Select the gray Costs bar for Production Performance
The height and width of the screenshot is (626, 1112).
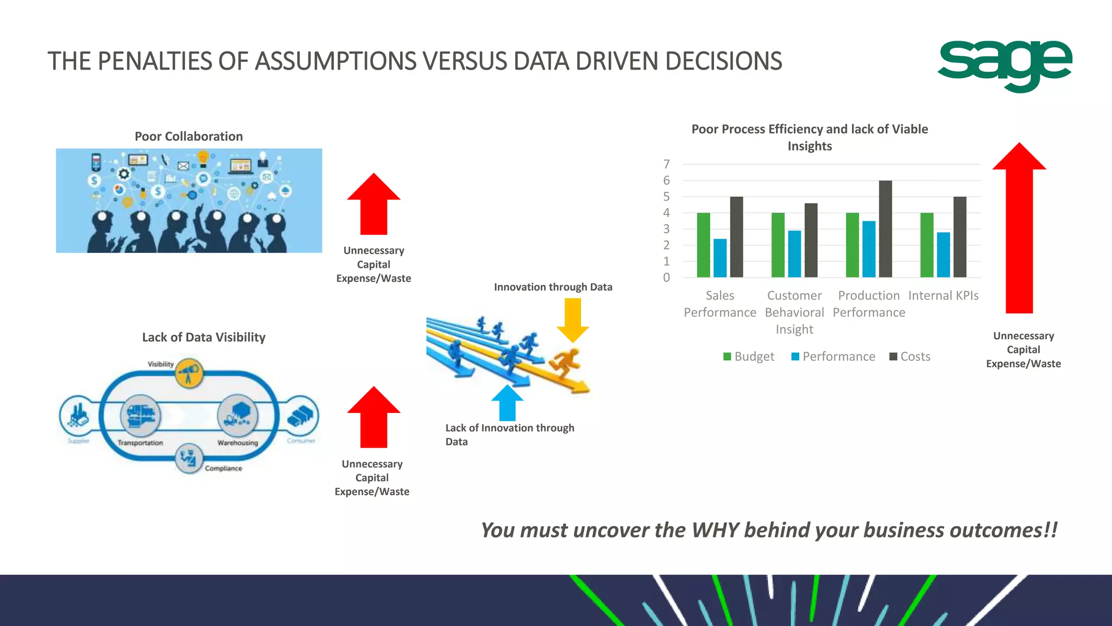885,229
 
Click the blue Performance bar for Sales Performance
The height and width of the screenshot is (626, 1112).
720,258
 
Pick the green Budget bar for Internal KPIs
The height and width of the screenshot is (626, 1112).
927,245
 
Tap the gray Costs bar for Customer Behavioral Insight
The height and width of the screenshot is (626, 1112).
811,240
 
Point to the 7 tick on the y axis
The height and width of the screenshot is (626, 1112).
666,164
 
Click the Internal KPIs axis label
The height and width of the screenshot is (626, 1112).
943,296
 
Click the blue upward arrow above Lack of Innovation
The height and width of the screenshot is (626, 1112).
507,403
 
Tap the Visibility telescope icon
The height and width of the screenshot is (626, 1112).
189,373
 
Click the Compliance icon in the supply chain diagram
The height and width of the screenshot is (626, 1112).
189,458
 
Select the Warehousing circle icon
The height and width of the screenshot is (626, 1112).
237,416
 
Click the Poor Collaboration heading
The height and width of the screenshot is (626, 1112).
188,136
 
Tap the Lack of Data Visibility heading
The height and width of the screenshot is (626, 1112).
204,337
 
